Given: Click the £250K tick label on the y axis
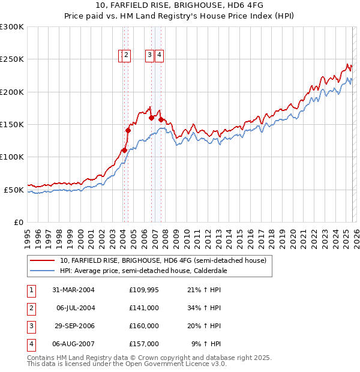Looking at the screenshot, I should click(12, 59).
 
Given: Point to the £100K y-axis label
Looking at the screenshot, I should click(12, 157).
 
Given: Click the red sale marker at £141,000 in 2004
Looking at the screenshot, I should click(128, 130).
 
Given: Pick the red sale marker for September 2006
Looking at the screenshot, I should click(151, 118).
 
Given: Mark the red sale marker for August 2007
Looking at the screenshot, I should click(161, 120).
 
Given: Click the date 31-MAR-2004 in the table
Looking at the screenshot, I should click(73, 290).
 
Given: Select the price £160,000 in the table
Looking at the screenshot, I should click(144, 327).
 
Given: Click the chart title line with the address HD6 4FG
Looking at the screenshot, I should click(179, 6).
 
